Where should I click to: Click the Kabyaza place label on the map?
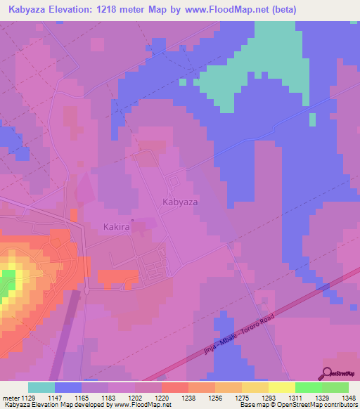[180, 202]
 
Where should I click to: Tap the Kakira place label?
[117, 228]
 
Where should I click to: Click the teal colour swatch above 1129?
[41, 387]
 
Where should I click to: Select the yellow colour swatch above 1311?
[281, 387]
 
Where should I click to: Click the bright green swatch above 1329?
[308, 387]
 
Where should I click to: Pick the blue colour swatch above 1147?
[68, 387]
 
